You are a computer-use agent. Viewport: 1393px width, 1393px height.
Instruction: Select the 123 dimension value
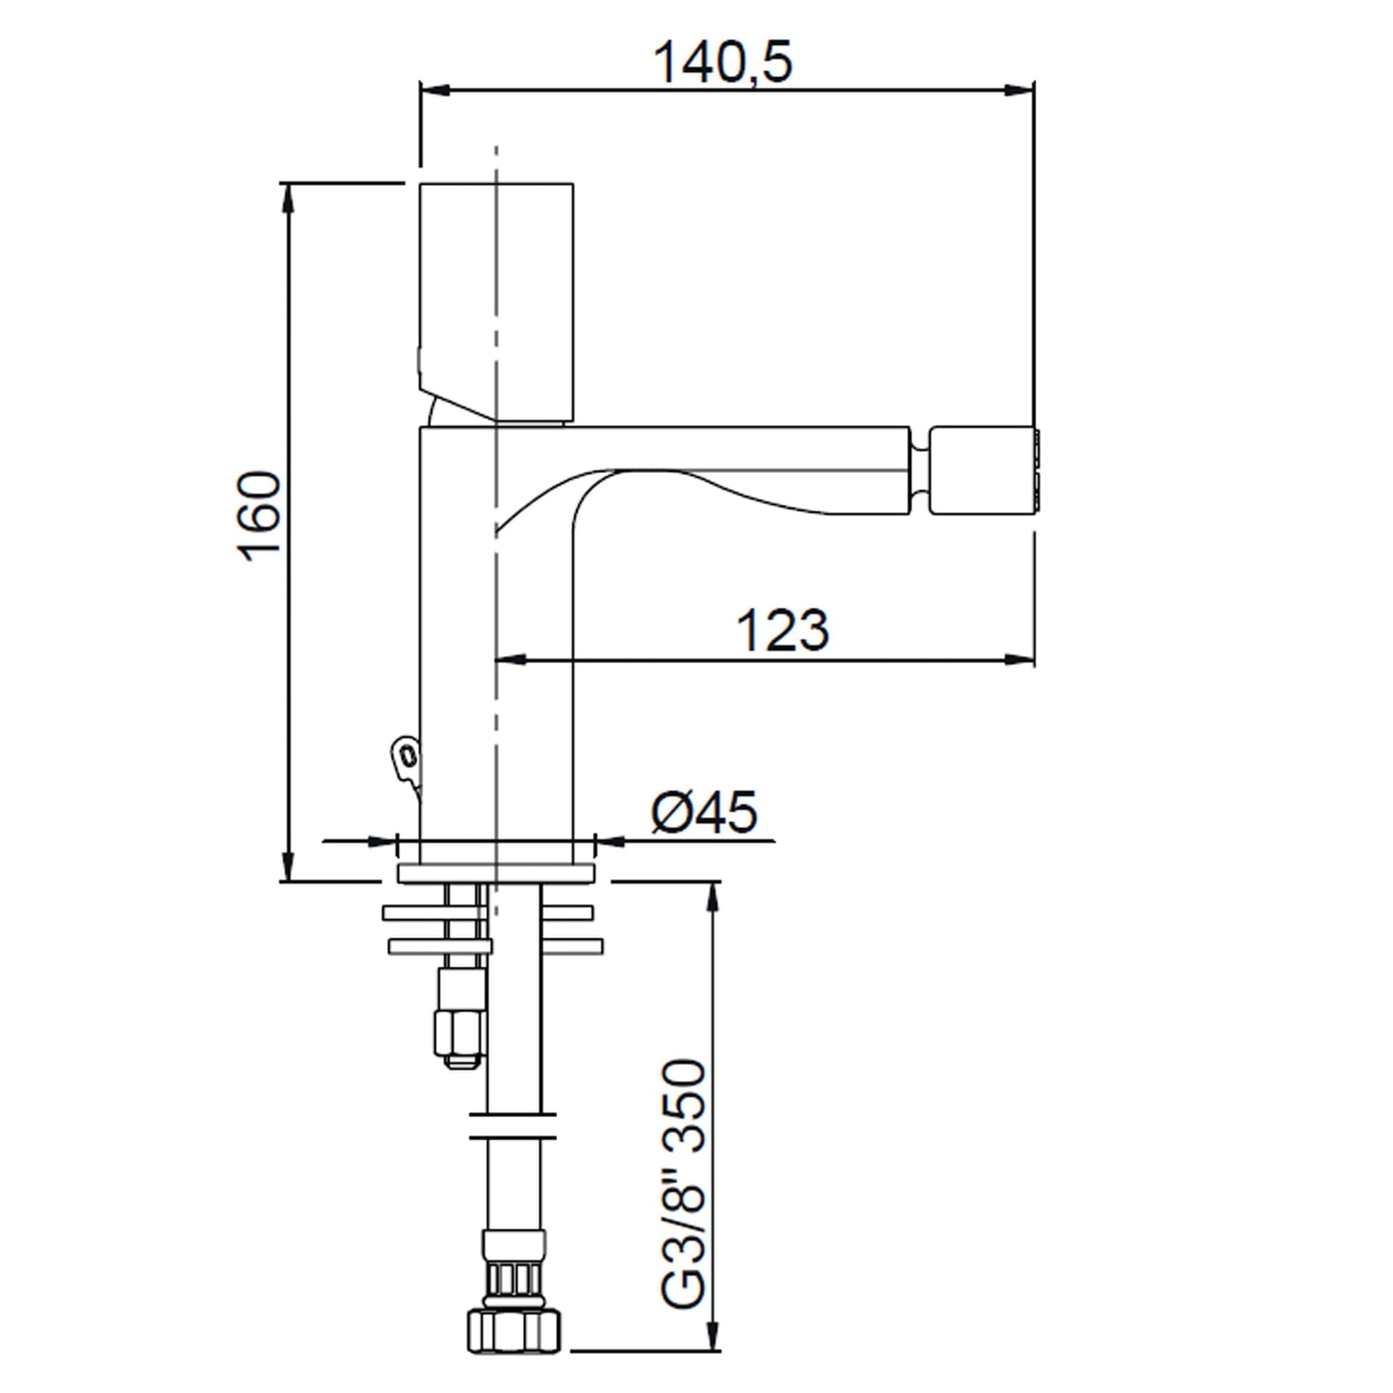click(783, 630)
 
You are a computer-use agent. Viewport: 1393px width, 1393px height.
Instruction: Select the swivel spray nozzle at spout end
click(986, 472)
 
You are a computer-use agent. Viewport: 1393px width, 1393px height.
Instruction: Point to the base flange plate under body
click(496, 873)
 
